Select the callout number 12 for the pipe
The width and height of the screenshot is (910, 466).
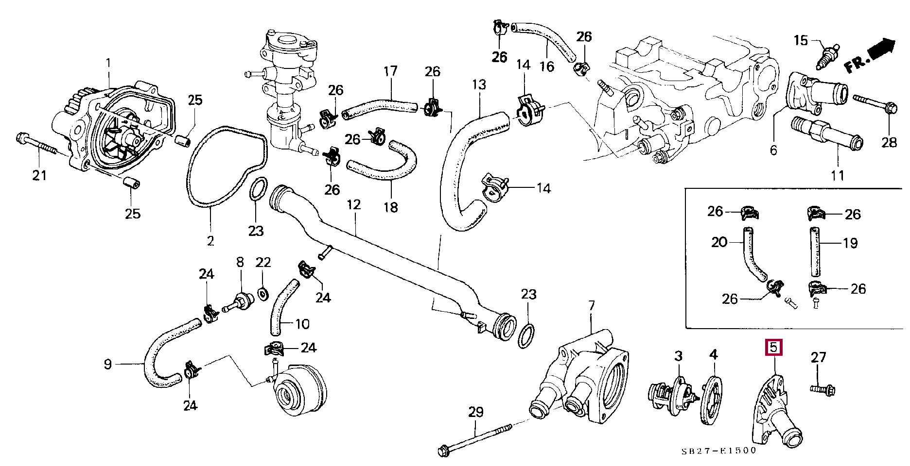354,205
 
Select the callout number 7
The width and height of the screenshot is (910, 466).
592,306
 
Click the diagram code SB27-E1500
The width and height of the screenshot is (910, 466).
718,450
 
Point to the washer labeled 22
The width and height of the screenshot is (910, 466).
262,294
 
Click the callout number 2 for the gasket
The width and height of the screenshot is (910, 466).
210,241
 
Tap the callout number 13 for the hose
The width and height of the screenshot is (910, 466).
479,85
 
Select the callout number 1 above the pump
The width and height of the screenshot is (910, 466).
108,63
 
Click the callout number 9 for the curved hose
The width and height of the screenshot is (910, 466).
108,364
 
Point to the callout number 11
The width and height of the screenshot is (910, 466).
838,175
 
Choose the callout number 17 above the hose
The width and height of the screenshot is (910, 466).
391,72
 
